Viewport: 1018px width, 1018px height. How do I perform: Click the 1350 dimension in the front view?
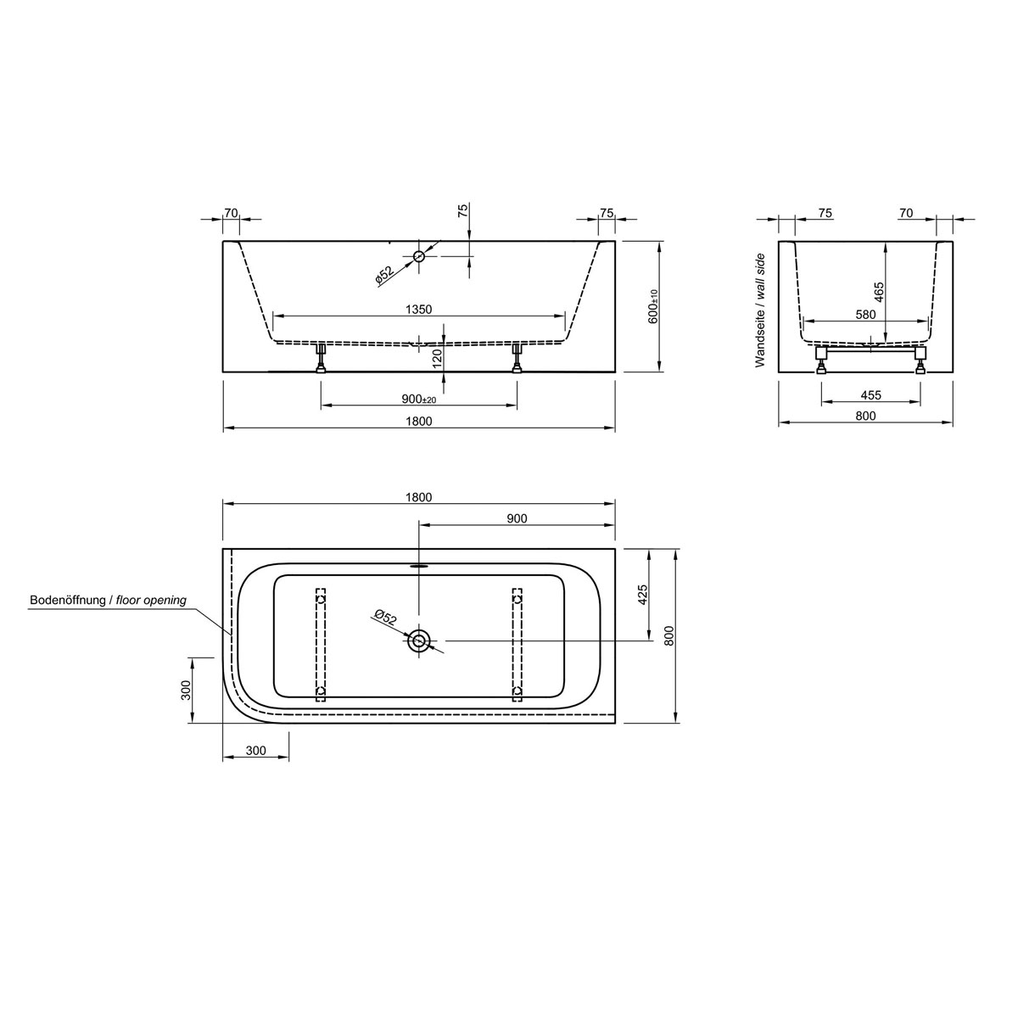[418, 310]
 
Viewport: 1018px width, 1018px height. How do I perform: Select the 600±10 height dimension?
[653, 306]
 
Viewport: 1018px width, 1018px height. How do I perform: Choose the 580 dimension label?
[865, 315]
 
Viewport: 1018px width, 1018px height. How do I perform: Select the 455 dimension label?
[870, 394]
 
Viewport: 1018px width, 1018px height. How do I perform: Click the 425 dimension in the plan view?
[642, 594]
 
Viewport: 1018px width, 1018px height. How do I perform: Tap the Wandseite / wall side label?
[760, 310]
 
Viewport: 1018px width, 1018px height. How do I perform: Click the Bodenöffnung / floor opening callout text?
[108, 601]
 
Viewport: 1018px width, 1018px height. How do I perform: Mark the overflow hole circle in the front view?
[418, 256]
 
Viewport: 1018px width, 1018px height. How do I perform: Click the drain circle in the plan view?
[418, 641]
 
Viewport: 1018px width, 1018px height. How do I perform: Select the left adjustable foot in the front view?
[322, 359]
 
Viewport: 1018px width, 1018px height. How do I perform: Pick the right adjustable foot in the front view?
[517, 359]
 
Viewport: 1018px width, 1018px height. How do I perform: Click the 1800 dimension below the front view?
[419, 422]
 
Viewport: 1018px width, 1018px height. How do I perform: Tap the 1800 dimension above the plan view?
[419, 497]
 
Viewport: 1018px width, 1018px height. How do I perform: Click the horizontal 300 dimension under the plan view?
[255, 751]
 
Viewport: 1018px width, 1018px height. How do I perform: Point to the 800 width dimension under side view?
[865, 416]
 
